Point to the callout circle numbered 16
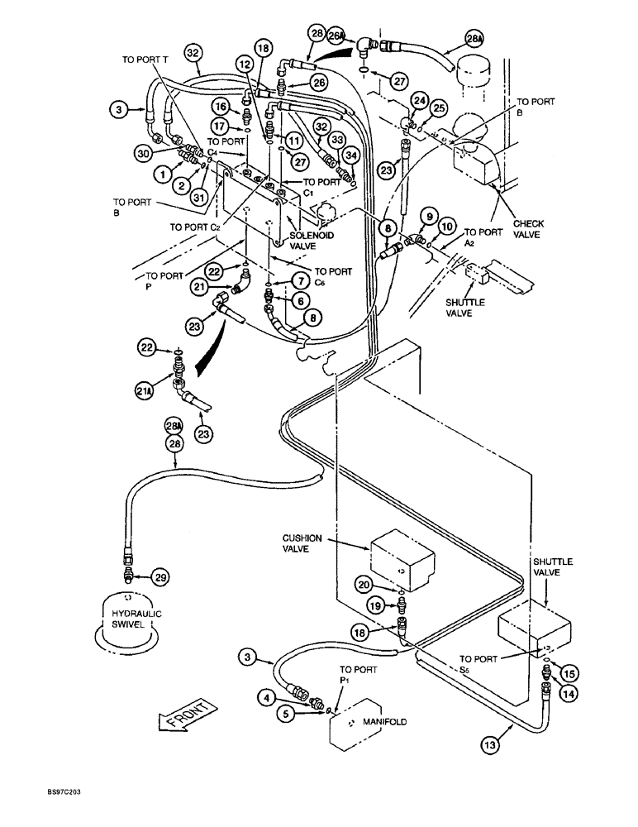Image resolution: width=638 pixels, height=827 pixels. coord(221,107)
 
